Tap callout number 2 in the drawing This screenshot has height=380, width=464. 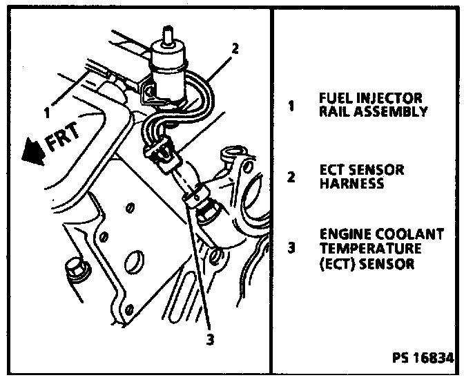point(235,49)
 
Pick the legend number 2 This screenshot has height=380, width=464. point(293,176)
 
